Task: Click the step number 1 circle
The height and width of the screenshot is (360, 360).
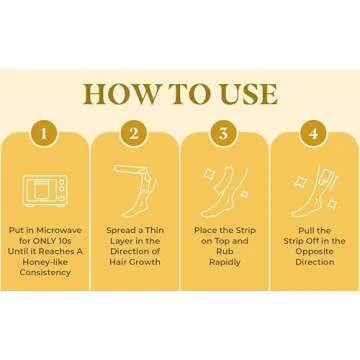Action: pyautogui.click(x=44, y=134)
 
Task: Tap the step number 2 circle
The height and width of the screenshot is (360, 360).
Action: pyautogui.click(x=134, y=134)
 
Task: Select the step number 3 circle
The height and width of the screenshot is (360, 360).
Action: pyautogui.click(x=224, y=134)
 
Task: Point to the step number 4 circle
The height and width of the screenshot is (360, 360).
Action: pyautogui.click(x=314, y=134)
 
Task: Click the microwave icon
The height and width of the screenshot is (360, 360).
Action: pyautogui.click(x=45, y=191)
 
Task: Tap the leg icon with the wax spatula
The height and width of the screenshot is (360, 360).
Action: pyautogui.click(x=135, y=191)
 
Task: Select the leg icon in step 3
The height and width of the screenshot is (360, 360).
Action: pyautogui.click(x=225, y=191)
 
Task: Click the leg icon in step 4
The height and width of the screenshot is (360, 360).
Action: pyautogui.click(x=315, y=191)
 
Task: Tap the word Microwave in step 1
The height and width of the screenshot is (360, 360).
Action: pyautogui.click(x=59, y=230)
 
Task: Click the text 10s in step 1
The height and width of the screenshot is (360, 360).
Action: pyautogui.click(x=65, y=241)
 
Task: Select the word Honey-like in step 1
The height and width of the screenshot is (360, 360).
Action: pyautogui.click(x=45, y=262)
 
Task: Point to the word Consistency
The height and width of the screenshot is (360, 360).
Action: pyautogui.click(x=45, y=272)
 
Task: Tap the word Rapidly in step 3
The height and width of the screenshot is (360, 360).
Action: pyautogui.click(x=225, y=262)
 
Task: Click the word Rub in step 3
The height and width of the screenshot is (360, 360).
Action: pyautogui.click(x=225, y=252)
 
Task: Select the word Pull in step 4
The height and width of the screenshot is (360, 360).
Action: pyautogui.click(x=306, y=230)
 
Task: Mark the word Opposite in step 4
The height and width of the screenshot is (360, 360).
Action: pyautogui.click(x=315, y=252)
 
